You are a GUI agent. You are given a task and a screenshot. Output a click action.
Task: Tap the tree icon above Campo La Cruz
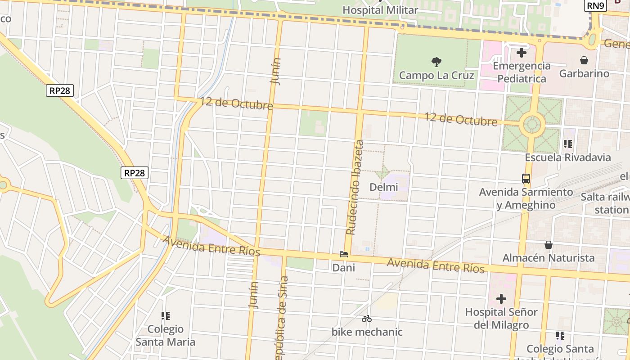click(x=436, y=62)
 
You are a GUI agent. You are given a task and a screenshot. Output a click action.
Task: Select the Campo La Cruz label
click(x=436, y=75)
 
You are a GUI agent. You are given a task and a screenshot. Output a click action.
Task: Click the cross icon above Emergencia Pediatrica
click(x=521, y=53)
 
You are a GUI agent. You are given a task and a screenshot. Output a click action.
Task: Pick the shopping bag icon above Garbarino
click(x=584, y=60)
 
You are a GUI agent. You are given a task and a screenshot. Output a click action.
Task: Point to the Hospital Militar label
click(x=380, y=10)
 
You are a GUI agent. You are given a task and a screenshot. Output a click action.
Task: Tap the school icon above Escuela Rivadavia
click(x=567, y=144)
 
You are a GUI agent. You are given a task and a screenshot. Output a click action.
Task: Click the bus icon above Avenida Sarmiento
click(x=526, y=178)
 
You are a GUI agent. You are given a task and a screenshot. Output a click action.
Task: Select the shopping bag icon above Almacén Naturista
click(x=548, y=245)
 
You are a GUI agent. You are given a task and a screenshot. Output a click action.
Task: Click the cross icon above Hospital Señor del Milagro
click(x=501, y=299)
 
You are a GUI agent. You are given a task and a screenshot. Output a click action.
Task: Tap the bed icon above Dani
click(x=344, y=254)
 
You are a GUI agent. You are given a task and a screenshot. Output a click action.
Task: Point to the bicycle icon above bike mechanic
click(x=367, y=319)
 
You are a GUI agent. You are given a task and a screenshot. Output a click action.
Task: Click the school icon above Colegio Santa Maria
click(x=165, y=316)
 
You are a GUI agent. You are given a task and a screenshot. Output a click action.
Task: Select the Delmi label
click(x=383, y=187)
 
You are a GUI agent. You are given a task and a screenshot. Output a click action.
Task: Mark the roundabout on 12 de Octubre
click(x=532, y=125)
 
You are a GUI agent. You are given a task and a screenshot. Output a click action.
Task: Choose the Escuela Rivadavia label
click(x=567, y=157)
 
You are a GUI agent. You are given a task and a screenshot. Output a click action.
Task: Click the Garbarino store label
click(x=584, y=73)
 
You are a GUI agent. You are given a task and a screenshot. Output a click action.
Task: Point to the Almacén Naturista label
click(x=548, y=258)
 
